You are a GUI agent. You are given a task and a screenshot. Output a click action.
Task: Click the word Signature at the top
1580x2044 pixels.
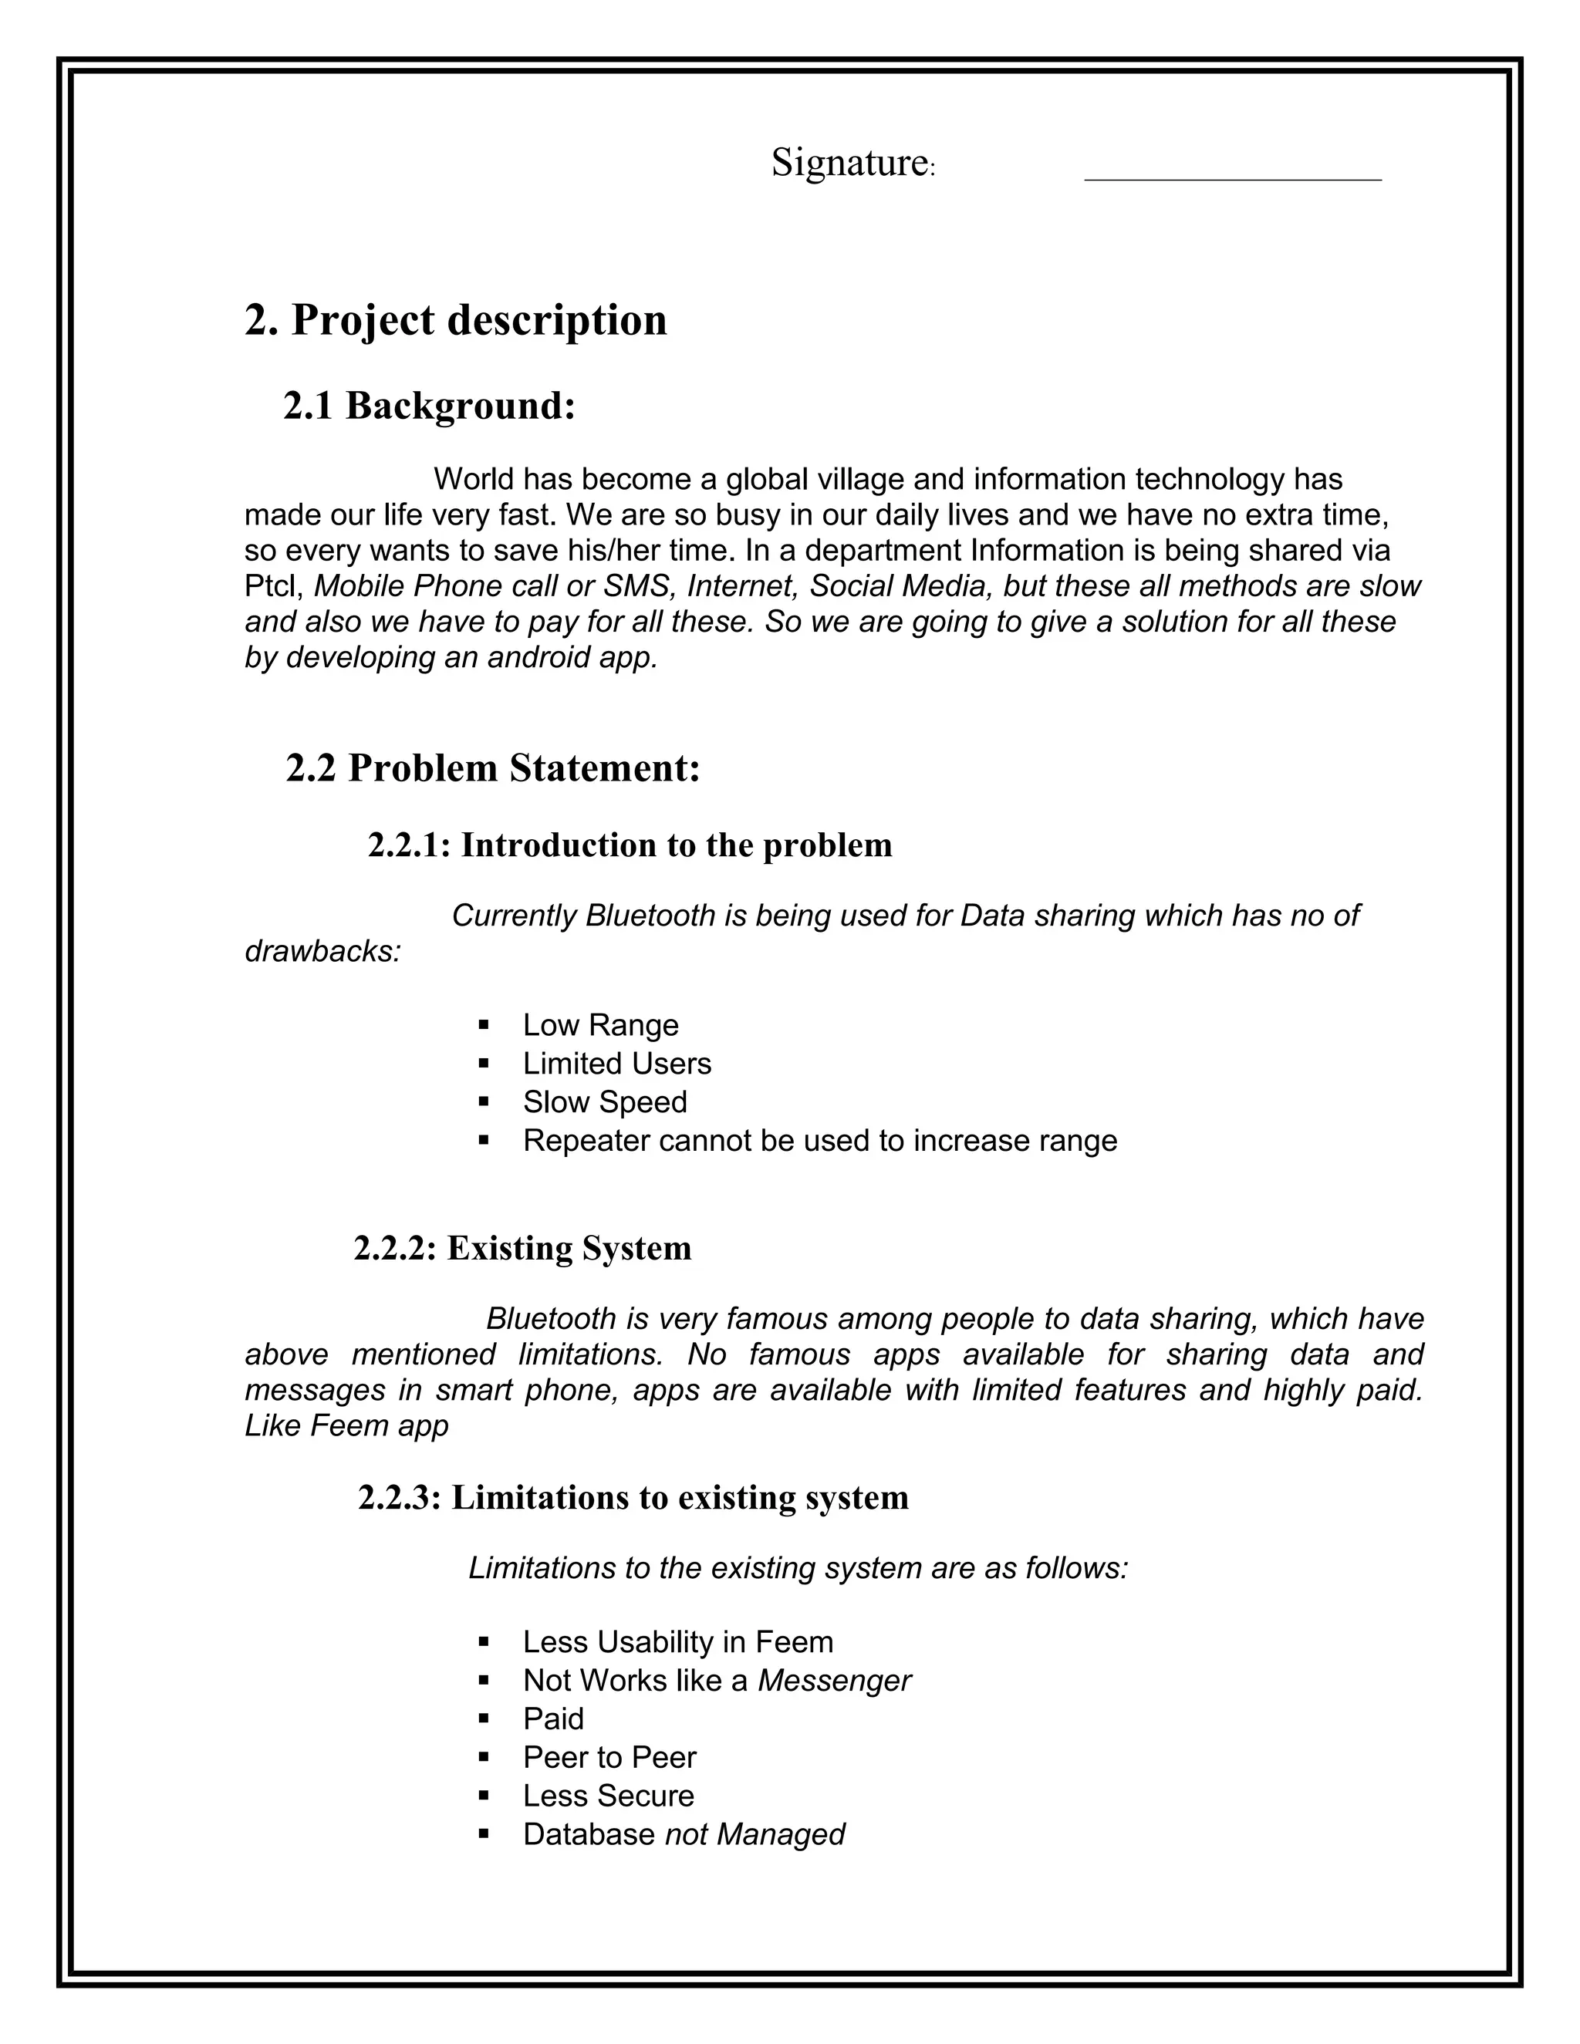pyautogui.click(x=848, y=163)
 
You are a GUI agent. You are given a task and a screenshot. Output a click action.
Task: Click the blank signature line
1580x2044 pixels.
pyautogui.click(x=1232, y=176)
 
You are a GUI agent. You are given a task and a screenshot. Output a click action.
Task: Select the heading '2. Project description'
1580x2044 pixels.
pyautogui.click(x=456, y=320)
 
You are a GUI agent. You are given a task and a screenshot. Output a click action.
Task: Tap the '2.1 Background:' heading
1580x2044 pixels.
pyautogui.click(x=429, y=406)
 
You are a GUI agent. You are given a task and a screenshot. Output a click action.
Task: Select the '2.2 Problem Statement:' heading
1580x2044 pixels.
pyautogui.click(x=492, y=768)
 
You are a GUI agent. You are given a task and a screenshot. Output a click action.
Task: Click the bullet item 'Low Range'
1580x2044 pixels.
pyautogui.click(x=600, y=1026)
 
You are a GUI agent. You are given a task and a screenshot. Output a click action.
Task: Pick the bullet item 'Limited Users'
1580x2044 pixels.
pyautogui.click(x=617, y=1064)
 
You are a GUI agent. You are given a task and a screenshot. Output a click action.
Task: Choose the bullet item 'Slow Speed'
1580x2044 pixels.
pyautogui.click(x=605, y=1102)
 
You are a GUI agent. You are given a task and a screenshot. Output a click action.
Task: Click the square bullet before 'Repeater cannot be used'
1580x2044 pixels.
pyautogui.click(x=484, y=1141)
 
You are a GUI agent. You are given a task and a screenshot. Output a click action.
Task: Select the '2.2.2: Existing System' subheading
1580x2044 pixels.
pyautogui.click(x=522, y=1249)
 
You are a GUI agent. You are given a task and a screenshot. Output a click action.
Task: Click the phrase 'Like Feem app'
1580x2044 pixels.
pyautogui.click(x=346, y=1425)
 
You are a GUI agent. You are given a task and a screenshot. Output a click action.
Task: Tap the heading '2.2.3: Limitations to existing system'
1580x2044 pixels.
pyautogui.click(x=633, y=1497)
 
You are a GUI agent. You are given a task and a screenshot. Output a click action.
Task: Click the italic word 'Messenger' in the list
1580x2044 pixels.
pyautogui.click(x=833, y=1681)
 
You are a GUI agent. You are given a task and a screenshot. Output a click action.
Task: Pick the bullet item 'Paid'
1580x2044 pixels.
pyautogui.click(x=553, y=1719)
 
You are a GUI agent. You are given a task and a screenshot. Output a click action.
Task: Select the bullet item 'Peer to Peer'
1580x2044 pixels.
pyautogui.click(x=609, y=1758)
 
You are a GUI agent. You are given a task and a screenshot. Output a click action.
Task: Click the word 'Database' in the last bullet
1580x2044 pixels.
pyautogui.click(x=589, y=1834)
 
